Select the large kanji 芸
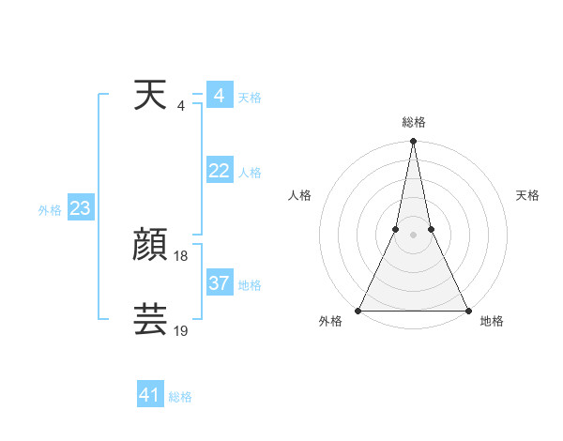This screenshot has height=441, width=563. (151, 320)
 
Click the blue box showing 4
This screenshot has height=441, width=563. (220, 96)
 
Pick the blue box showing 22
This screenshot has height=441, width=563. (220, 171)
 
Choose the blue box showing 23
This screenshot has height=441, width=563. (80, 208)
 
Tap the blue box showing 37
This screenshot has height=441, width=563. (220, 283)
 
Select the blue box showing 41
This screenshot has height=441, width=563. (150, 395)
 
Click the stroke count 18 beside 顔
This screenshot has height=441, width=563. (181, 256)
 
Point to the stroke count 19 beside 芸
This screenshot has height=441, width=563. (181, 330)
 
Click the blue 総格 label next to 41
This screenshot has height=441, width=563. (180, 397)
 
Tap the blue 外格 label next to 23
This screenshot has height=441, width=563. (50, 210)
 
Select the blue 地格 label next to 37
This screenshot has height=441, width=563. (250, 285)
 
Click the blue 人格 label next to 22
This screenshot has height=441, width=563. (250, 173)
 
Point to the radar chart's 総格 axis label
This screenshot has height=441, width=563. (413, 122)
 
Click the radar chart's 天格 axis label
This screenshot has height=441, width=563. (527, 195)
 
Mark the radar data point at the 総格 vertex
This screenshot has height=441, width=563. (413, 142)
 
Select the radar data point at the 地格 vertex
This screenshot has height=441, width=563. (467, 311)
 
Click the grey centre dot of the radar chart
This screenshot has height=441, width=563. (413, 235)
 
